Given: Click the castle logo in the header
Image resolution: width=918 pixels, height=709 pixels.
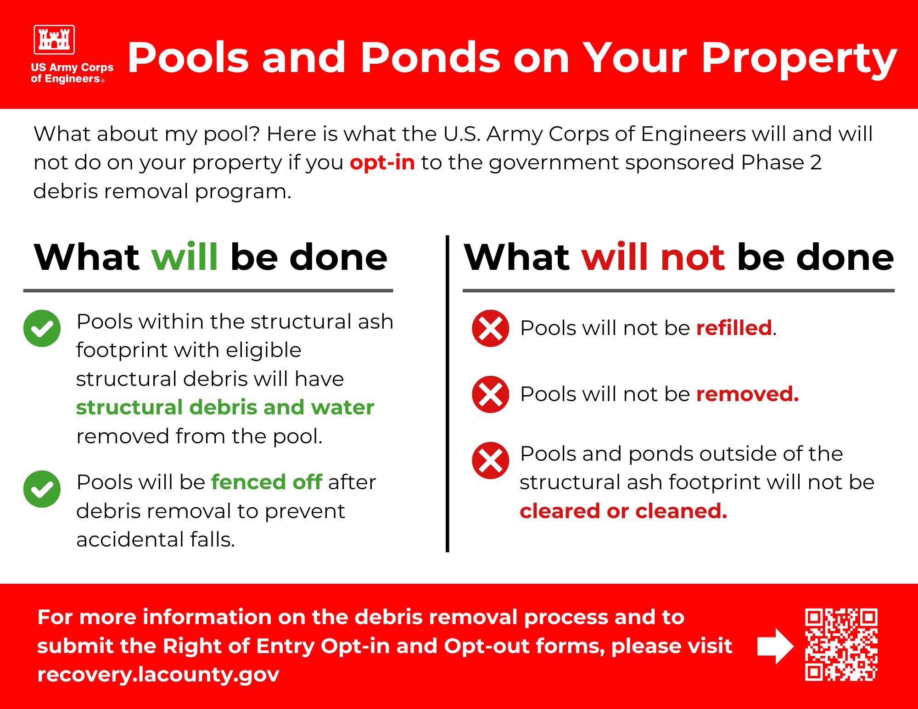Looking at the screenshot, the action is tap(54, 39).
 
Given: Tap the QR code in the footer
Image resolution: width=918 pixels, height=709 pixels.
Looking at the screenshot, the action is tap(841, 645).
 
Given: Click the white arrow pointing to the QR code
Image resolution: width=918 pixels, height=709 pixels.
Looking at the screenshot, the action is tap(775, 646).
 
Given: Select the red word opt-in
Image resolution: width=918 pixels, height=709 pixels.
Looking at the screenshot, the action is tap(382, 163).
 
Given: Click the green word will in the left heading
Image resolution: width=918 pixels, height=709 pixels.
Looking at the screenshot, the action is tap(185, 257).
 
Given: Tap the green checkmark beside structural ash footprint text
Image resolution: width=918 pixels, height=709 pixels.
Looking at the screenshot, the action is tap(42, 328).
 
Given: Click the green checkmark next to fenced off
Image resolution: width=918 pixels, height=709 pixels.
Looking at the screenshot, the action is tap(42, 489).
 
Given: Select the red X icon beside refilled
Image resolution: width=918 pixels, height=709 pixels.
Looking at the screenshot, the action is tap(490, 328).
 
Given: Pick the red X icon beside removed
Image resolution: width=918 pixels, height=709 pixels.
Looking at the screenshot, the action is tap(490, 394).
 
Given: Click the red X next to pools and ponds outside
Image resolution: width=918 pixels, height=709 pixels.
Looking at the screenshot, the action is tap(490, 460).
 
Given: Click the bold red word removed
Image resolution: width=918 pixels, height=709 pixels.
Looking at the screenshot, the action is tap(748, 394).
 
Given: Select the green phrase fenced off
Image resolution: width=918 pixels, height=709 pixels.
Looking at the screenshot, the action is tap(267, 482).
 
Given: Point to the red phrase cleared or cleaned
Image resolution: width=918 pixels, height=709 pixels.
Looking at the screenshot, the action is tap(623, 511).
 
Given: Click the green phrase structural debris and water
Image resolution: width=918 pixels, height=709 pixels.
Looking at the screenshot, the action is tap(225, 408).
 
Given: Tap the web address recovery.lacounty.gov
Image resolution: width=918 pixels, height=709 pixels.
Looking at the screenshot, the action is tap(158, 675).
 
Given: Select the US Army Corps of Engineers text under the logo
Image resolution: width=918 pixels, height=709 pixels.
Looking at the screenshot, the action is tap(72, 73).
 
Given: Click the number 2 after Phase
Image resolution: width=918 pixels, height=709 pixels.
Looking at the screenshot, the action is tap(815, 162).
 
